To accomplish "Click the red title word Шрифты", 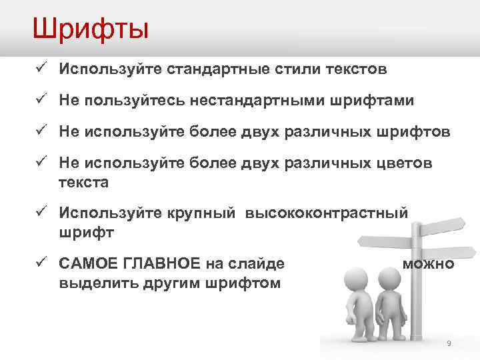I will coord(91,29).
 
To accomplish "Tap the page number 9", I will coord(449,343).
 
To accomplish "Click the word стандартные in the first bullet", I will coord(211,69).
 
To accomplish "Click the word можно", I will coord(429,264).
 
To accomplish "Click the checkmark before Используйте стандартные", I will coord(41,68).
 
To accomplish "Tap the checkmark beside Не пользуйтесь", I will coord(41,100).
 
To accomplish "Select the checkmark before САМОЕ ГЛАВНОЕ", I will coord(41,263).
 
